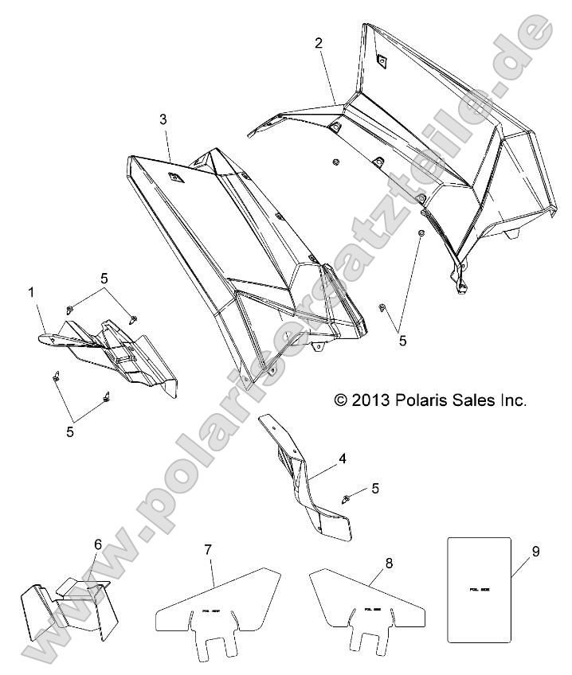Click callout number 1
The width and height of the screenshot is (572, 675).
click(x=31, y=294)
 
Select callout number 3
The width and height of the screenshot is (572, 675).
click(x=163, y=119)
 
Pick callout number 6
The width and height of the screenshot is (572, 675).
click(x=98, y=544)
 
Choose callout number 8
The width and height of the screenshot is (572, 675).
click(x=389, y=563)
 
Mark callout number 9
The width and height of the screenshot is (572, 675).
click(x=535, y=550)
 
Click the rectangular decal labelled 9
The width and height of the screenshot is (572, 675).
click(x=478, y=589)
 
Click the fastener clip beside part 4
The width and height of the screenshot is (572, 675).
click(x=348, y=498)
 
